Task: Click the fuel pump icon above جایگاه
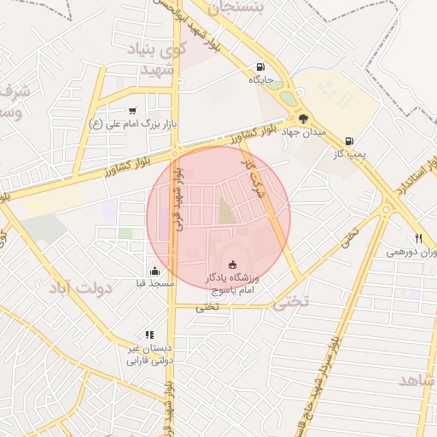[259, 67]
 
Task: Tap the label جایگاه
[260, 80]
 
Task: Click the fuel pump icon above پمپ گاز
[349, 141]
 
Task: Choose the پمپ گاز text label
[350, 154]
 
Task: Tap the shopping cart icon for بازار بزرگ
[132, 110]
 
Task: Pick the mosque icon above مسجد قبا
[154, 270]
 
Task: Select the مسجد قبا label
[154, 283]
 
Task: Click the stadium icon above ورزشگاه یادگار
[234, 265]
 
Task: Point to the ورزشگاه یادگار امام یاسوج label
[235, 285]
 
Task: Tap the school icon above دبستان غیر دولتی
[149, 335]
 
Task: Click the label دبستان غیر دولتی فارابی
[150, 354]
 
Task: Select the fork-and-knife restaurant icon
[417, 238]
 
